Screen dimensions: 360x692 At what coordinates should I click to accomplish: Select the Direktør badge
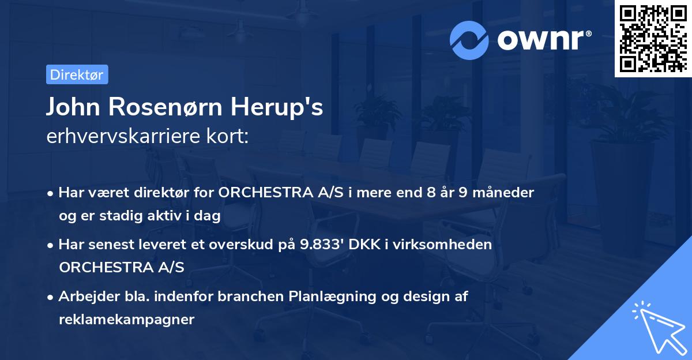tap(77, 74)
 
